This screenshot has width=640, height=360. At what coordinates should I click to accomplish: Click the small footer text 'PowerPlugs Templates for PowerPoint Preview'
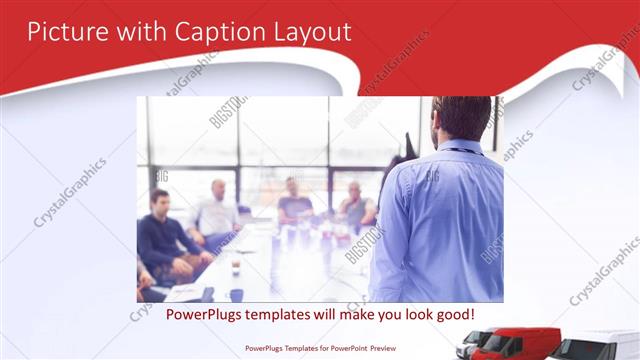(319, 349)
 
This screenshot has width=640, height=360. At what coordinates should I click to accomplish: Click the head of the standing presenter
(461, 117)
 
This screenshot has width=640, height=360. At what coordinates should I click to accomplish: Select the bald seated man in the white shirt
(217, 211)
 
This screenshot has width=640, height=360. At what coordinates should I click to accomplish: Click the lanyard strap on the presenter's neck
(462, 150)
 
